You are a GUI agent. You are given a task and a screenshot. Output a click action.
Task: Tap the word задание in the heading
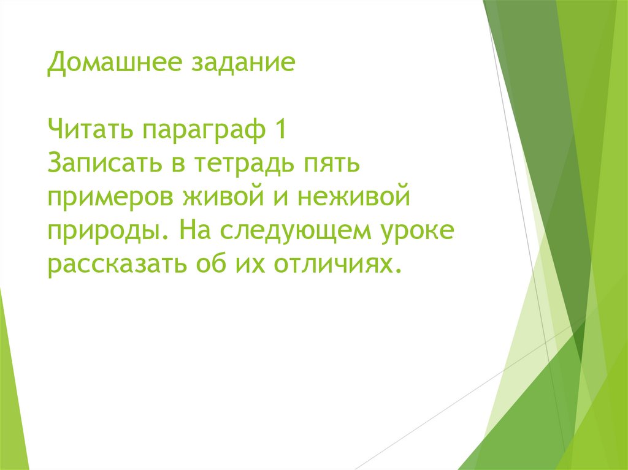[x=243, y=64]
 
